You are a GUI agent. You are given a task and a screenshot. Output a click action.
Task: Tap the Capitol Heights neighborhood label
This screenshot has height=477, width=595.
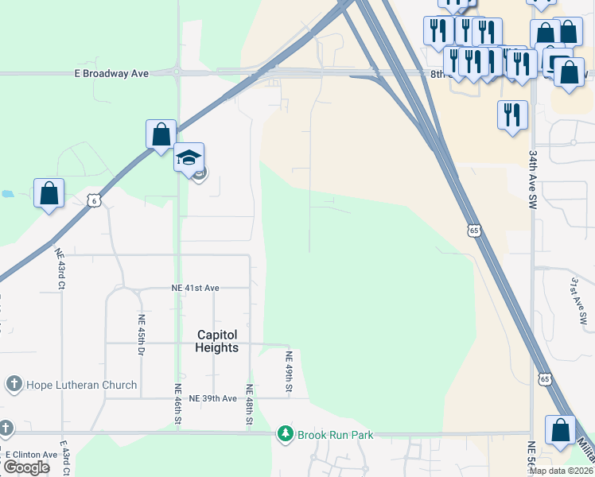point(217,342)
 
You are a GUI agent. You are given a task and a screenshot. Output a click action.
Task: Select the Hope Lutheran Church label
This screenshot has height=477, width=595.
point(82,385)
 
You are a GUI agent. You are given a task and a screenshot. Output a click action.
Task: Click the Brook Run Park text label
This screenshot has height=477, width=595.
point(335,435)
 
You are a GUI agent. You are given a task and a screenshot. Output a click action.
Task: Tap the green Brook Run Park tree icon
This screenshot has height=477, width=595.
point(286,434)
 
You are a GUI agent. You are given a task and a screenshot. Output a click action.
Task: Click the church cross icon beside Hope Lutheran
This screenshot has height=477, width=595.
point(14,385)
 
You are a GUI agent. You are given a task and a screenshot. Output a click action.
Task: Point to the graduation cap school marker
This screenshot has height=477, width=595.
point(189,157)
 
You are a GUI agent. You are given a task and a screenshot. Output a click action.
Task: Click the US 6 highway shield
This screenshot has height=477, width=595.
point(94,201)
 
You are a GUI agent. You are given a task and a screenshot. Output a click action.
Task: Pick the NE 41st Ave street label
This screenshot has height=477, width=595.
point(195,288)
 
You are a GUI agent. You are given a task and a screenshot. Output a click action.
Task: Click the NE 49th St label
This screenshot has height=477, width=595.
point(290,371)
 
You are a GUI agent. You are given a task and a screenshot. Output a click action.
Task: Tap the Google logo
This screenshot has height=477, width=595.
point(26,467)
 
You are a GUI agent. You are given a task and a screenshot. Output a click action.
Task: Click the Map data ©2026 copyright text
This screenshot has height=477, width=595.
point(561,471)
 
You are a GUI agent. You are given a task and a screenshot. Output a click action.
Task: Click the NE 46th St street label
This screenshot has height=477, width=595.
point(178,401)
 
